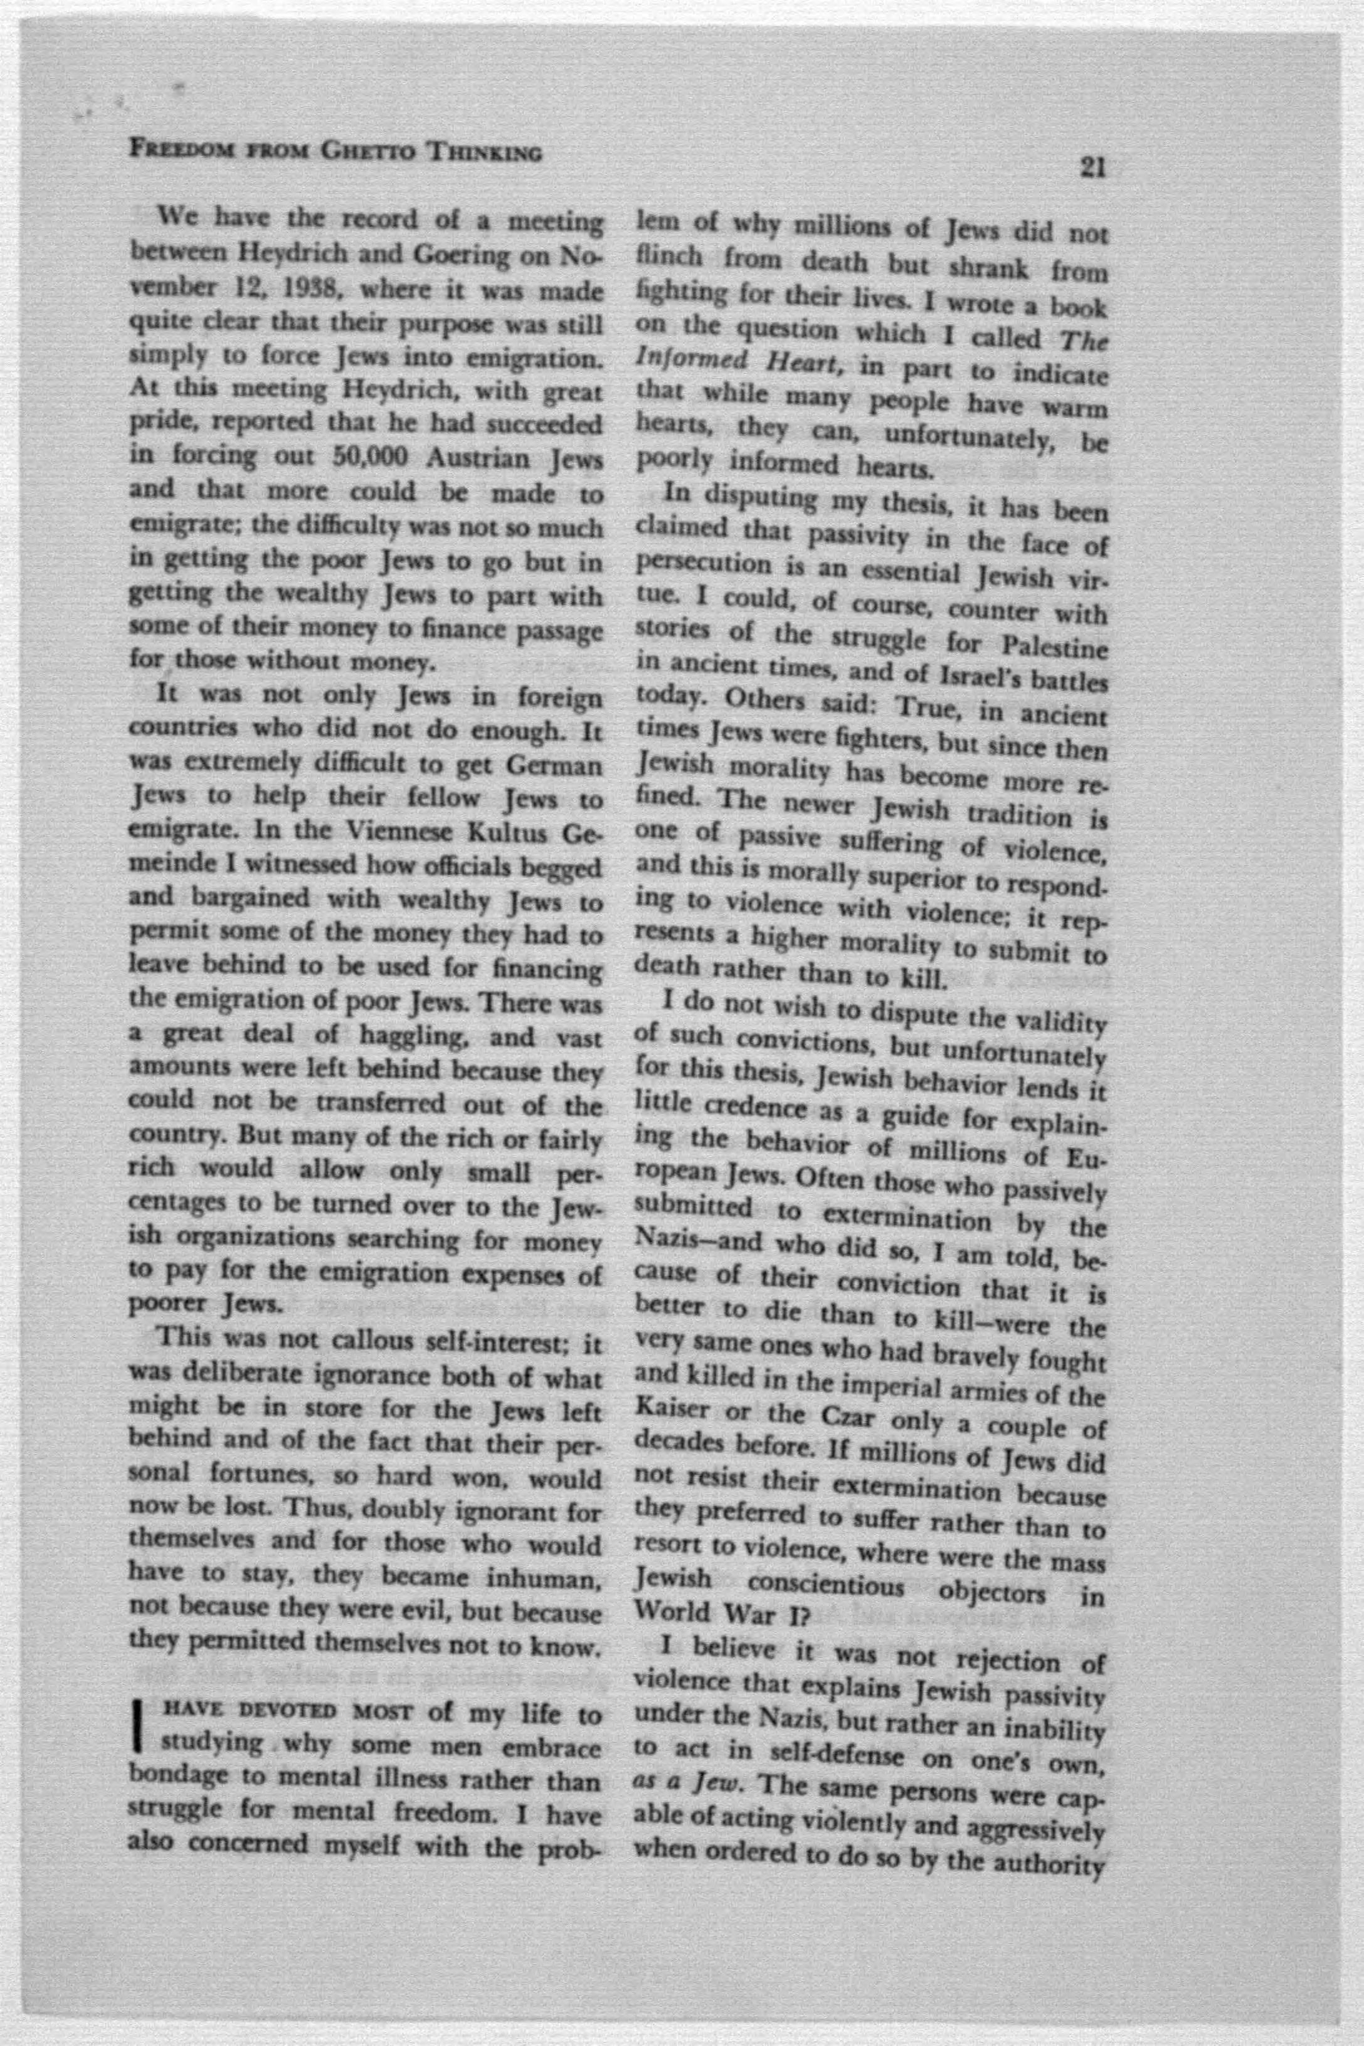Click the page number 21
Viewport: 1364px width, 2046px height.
[1092, 166]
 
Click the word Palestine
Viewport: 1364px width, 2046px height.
[1054, 648]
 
